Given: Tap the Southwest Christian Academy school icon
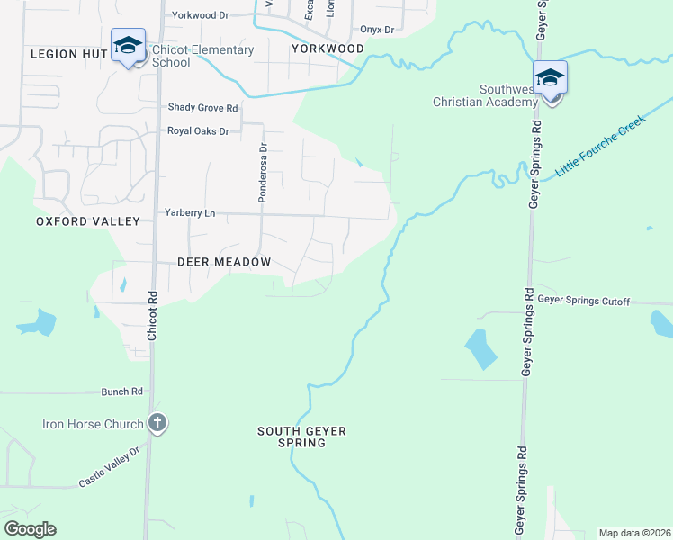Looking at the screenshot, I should pos(550,78).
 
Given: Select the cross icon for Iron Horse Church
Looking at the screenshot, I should pos(157,423).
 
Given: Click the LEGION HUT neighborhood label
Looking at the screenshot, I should pos(67,54).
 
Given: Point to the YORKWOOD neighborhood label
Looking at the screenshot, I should pos(328,49).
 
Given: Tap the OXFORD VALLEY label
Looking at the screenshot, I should pos(88,221).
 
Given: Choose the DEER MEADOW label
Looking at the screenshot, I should pos(224,262).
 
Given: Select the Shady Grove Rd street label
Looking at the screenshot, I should pos(202,108).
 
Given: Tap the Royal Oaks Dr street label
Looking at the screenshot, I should pos(198,131).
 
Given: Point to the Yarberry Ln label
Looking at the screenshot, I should pos(190,212).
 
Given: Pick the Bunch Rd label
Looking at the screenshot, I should pos(123,391).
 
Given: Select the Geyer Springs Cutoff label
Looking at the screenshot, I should pos(585,301).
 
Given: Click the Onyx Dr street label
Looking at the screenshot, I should pos(377,30).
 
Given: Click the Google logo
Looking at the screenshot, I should pos(30,529).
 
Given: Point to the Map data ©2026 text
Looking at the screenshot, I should pos(634,533).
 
